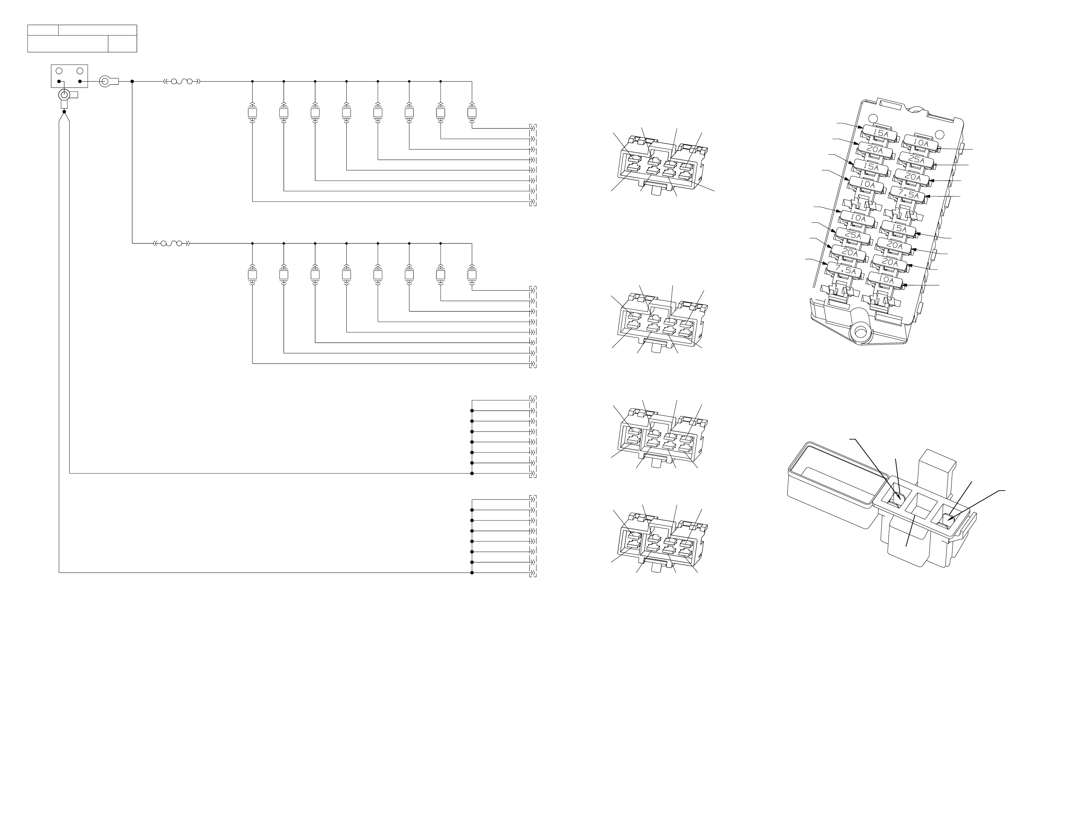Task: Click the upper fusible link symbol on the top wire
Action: point(182,82)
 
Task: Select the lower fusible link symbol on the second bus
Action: point(171,243)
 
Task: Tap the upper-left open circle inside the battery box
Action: point(59,71)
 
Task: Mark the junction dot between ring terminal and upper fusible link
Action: point(132,82)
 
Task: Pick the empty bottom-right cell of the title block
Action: point(122,44)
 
